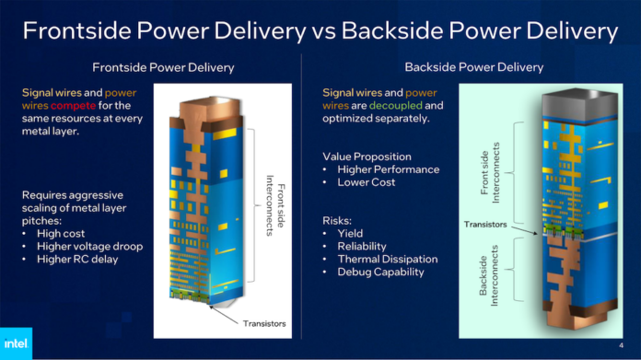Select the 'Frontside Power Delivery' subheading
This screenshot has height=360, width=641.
coord(163,67)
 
